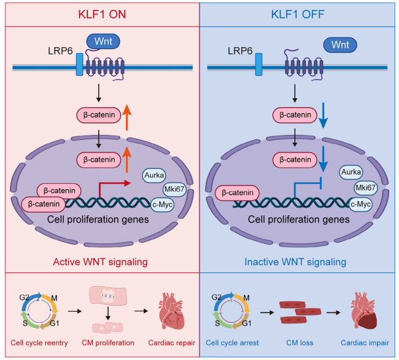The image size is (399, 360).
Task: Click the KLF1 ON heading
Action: [x=102, y=14]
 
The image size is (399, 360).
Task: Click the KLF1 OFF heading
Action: [x=297, y=14]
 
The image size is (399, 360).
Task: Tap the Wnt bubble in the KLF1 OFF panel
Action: [x=340, y=45]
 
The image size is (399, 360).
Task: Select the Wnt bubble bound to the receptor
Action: [x=103, y=41]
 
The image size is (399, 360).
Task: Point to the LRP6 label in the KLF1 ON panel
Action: [x=60, y=51]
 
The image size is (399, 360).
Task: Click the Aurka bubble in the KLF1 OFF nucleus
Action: [x=351, y=172]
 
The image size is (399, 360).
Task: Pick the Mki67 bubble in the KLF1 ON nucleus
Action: [x=174, y=189]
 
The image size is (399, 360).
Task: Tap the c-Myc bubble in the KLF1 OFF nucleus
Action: [x=360, y=204]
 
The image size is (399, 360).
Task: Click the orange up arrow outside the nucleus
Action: [x=126, y=118]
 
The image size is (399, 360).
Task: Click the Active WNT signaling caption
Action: [x=100, y=262]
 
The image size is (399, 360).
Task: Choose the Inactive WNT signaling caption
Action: [x=295, y=262]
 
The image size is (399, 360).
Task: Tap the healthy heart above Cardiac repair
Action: [x=172, y=311]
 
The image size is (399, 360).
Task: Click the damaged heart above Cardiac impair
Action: [x=364, y=311]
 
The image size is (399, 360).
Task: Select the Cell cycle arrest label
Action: [x=232, y=343]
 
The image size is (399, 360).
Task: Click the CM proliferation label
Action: [x=108, y=343]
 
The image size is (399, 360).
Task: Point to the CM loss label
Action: [x=300, y=343]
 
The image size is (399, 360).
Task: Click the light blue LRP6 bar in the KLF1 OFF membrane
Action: [x=259, y=64]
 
